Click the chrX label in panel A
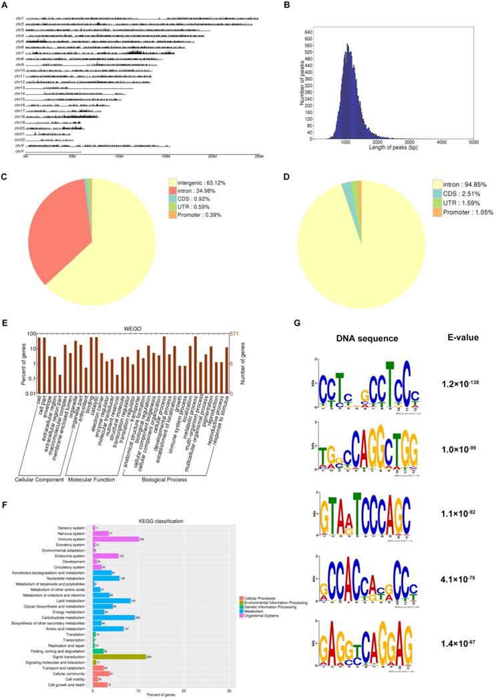pyautogui.click(x=20, y=146)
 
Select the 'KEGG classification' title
pyautogui.click(x=163, y=501)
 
